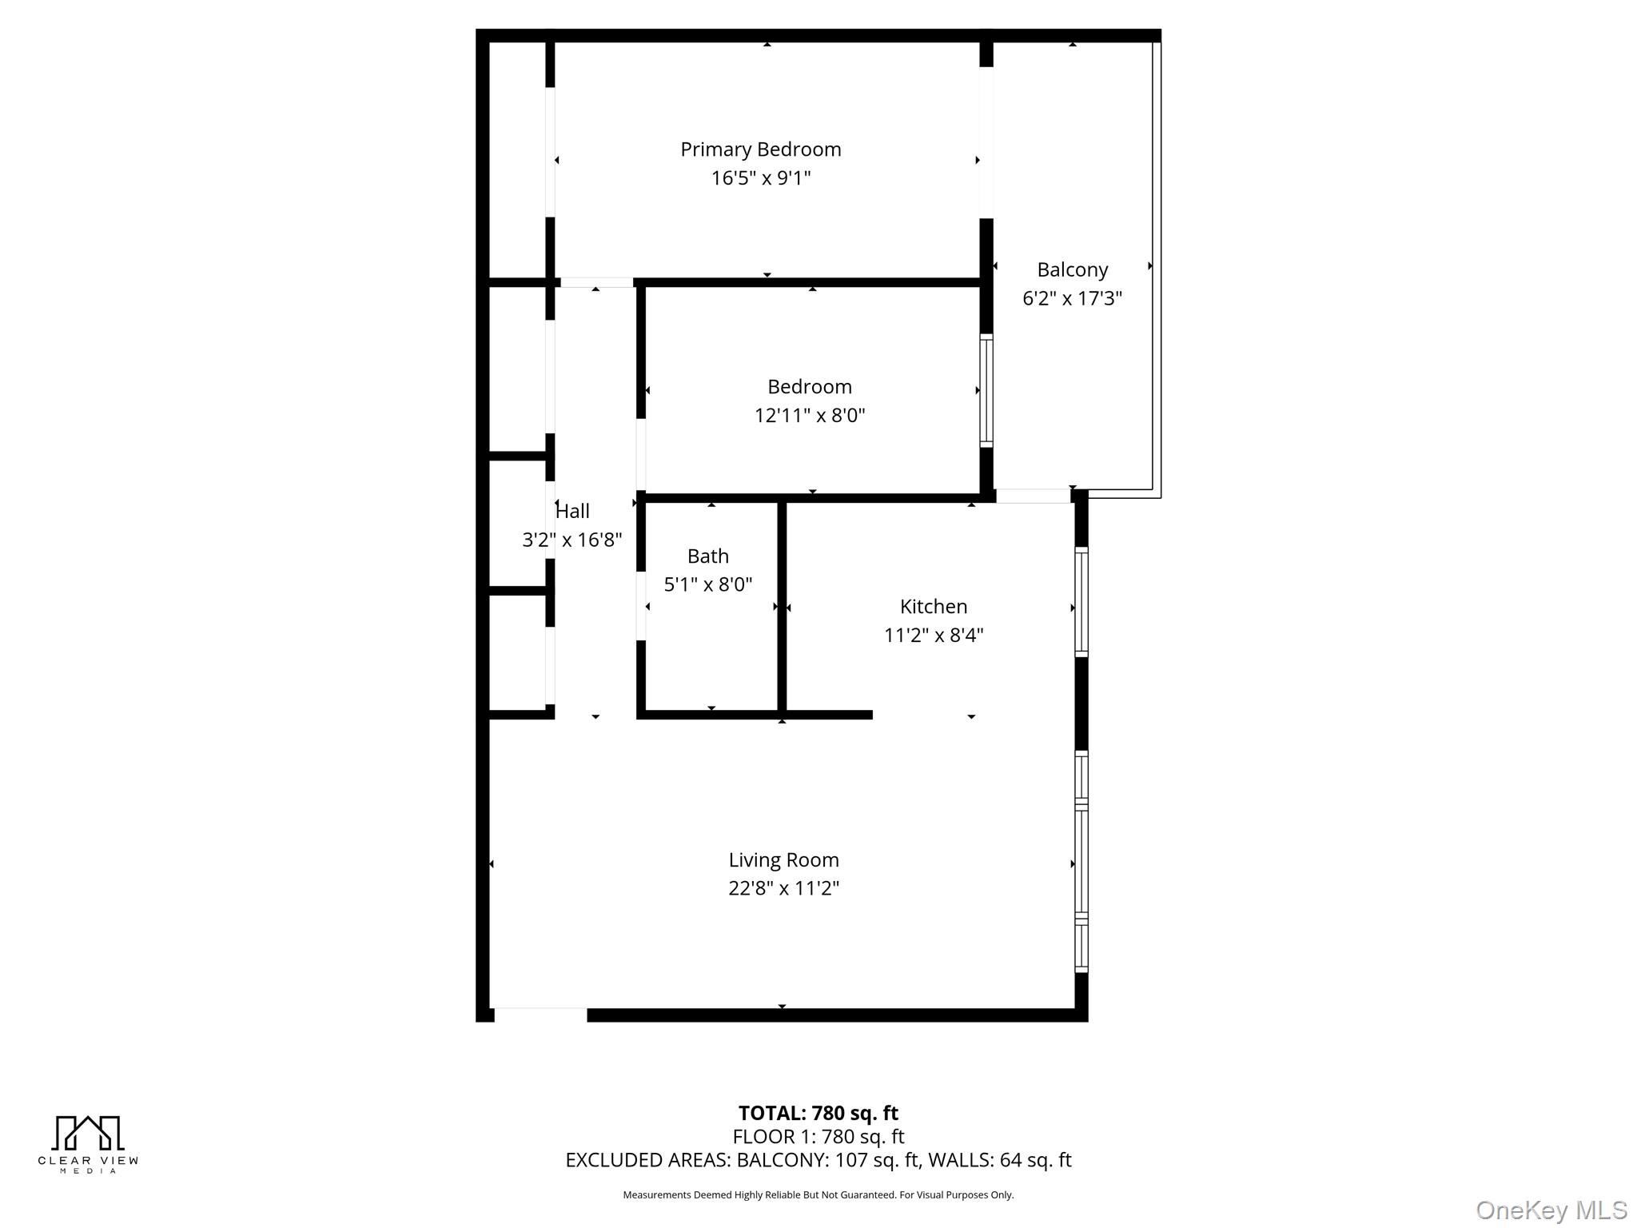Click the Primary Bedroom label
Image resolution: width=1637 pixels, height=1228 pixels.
(760, 150)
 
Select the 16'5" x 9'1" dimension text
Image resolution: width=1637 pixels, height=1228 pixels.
(760, 177)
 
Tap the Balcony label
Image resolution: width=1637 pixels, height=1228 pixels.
(1072, 270)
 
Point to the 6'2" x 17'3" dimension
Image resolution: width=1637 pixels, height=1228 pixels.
(1072, 298)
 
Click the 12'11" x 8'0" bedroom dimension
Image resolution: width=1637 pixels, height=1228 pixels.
(810, 416)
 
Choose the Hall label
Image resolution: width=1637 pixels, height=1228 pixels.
(572, 511)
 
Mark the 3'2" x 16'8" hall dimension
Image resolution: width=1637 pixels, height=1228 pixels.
(572, 540)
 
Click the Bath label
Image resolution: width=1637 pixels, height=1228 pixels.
(707, 556)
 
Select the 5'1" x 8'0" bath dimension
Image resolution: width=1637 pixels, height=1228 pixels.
(707, 584)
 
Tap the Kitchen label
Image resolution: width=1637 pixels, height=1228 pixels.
(933, 607)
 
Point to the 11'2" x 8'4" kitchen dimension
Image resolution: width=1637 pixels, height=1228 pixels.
(933, 636)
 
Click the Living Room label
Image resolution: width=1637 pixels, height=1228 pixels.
(783, 860)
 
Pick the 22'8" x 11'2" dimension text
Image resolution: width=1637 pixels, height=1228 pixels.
(783, 888)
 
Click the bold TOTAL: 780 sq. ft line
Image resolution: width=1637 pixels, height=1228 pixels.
(818, 1113)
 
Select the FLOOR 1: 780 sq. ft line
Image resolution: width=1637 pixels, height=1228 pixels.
(818, 1136)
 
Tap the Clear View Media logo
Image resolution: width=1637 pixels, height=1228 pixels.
(88, 1144)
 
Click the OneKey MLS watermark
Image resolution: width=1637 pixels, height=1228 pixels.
(1551, 1210)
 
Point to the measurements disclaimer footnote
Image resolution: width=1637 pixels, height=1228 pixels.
(818, 1194)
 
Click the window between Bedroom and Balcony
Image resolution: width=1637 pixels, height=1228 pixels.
(986, 391)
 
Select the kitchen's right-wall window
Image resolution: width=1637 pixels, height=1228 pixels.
(1081, 602)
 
